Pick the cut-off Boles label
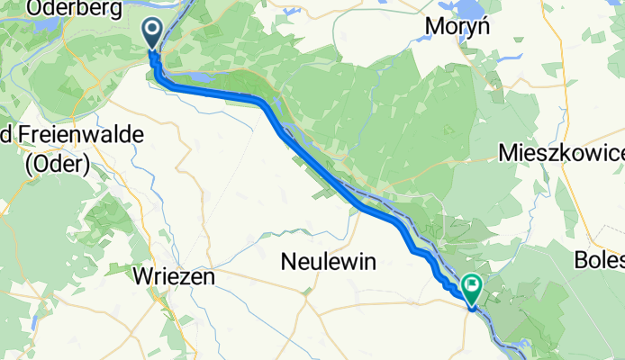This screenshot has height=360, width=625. [x=598, y=261]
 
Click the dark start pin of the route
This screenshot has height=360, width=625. [x=151, y=34]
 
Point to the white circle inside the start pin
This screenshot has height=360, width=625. [x=151, y=31]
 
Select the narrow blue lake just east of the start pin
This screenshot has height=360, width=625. [x=193, y=78]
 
